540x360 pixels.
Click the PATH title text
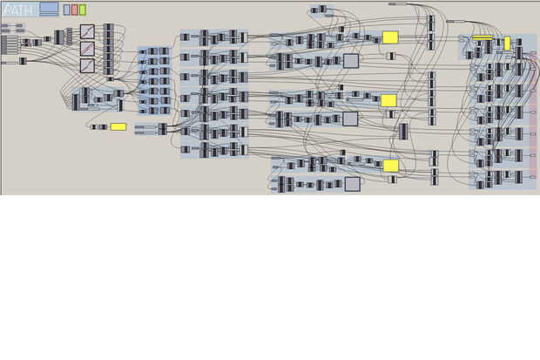19,10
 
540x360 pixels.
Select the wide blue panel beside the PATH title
50,9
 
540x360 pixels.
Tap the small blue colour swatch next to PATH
67,10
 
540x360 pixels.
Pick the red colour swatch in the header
75,10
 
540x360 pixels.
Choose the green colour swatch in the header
83,10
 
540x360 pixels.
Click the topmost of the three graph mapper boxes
87,31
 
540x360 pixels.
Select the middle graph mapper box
87,48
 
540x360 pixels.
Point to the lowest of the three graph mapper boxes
87,65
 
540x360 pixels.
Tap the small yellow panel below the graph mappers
118,126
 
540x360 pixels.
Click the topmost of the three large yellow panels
389,37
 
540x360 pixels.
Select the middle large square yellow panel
388,100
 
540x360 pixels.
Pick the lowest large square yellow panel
390,166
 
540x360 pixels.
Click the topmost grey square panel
350,61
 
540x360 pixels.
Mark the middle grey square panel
350,119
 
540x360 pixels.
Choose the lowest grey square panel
352,184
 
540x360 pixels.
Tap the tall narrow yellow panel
508,43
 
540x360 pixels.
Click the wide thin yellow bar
483,37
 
